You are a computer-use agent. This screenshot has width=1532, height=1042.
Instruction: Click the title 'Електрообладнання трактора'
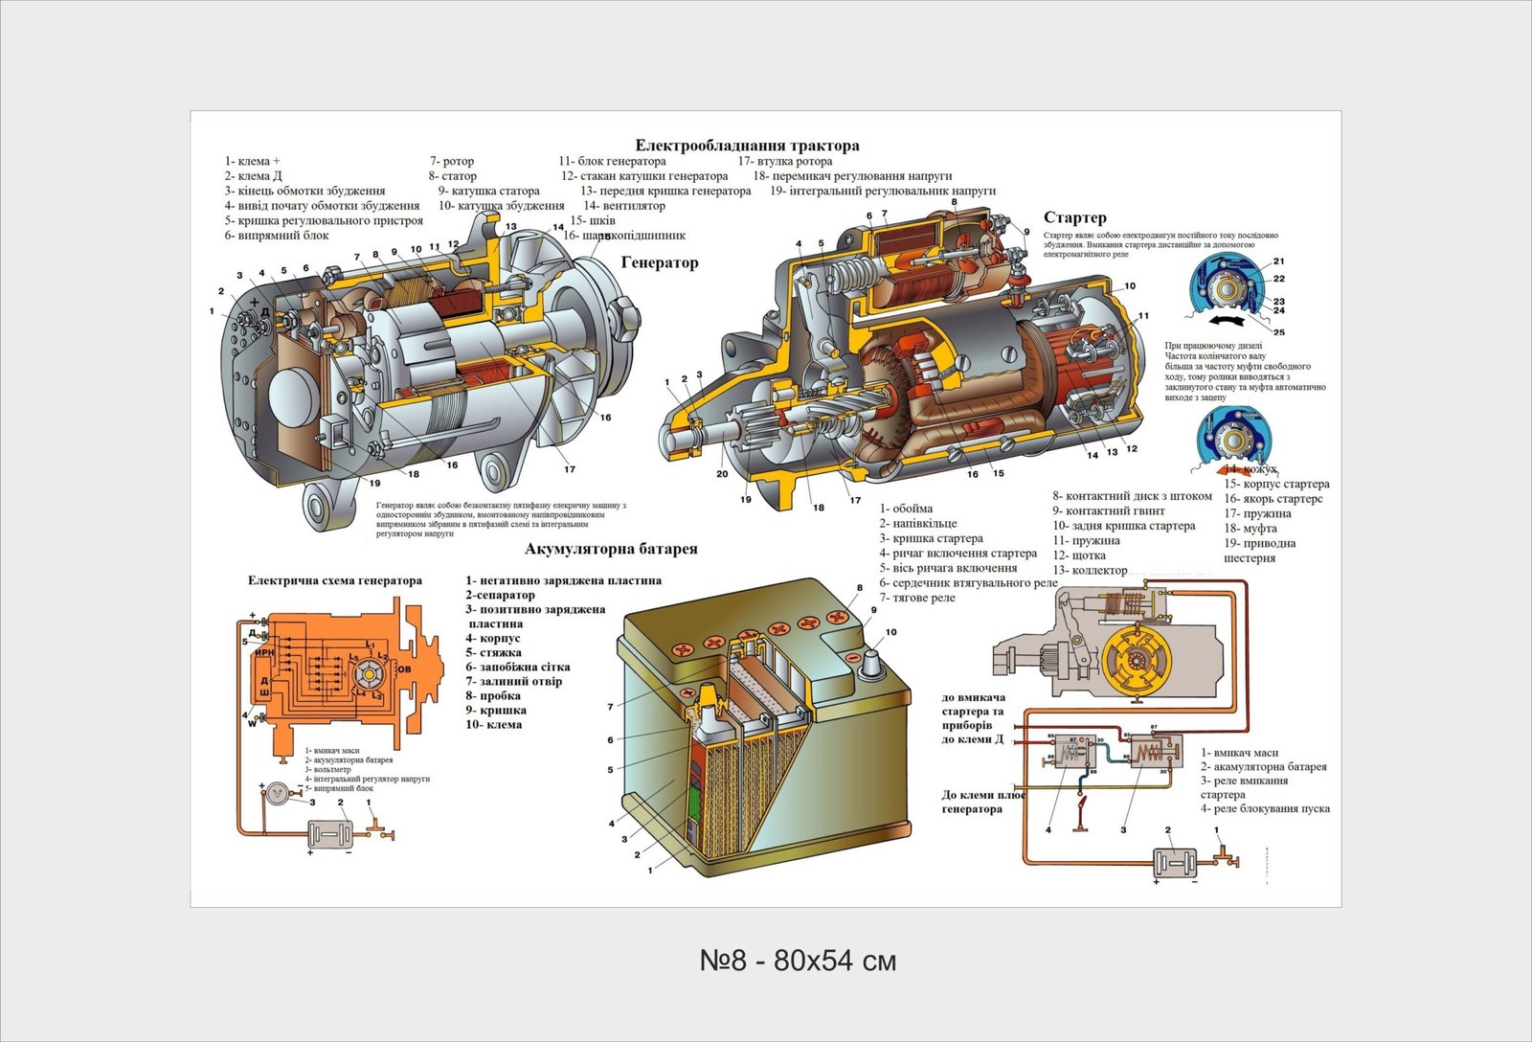(x=748, y=146)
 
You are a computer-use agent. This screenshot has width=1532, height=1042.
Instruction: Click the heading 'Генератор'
(x=660, y=262)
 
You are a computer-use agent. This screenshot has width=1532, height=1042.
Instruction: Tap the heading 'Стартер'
(x=1074, y=217)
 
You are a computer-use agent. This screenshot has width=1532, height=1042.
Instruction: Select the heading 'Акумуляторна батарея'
(x=611, y=549)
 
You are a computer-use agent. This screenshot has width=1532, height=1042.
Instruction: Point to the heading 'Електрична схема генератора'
(x=334, y=580)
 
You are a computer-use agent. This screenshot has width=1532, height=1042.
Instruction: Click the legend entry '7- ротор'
(x=452, y=161)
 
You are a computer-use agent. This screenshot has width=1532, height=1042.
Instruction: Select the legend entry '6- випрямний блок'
(x=277, y=235)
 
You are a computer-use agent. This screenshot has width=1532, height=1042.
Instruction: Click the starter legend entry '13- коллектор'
(x=1090, y=570)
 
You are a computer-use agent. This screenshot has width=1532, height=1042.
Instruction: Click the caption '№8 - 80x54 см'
(x=798, y=960)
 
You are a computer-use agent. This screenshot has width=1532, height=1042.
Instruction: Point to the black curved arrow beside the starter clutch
(x=1227, y=322)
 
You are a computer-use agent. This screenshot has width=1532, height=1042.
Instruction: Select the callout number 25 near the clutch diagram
(x=1279, y=332)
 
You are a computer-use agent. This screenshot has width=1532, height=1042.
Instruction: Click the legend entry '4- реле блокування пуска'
(x=1265, y=808)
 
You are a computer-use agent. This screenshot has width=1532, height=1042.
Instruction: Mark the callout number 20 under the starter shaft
(x=722, y=474)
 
